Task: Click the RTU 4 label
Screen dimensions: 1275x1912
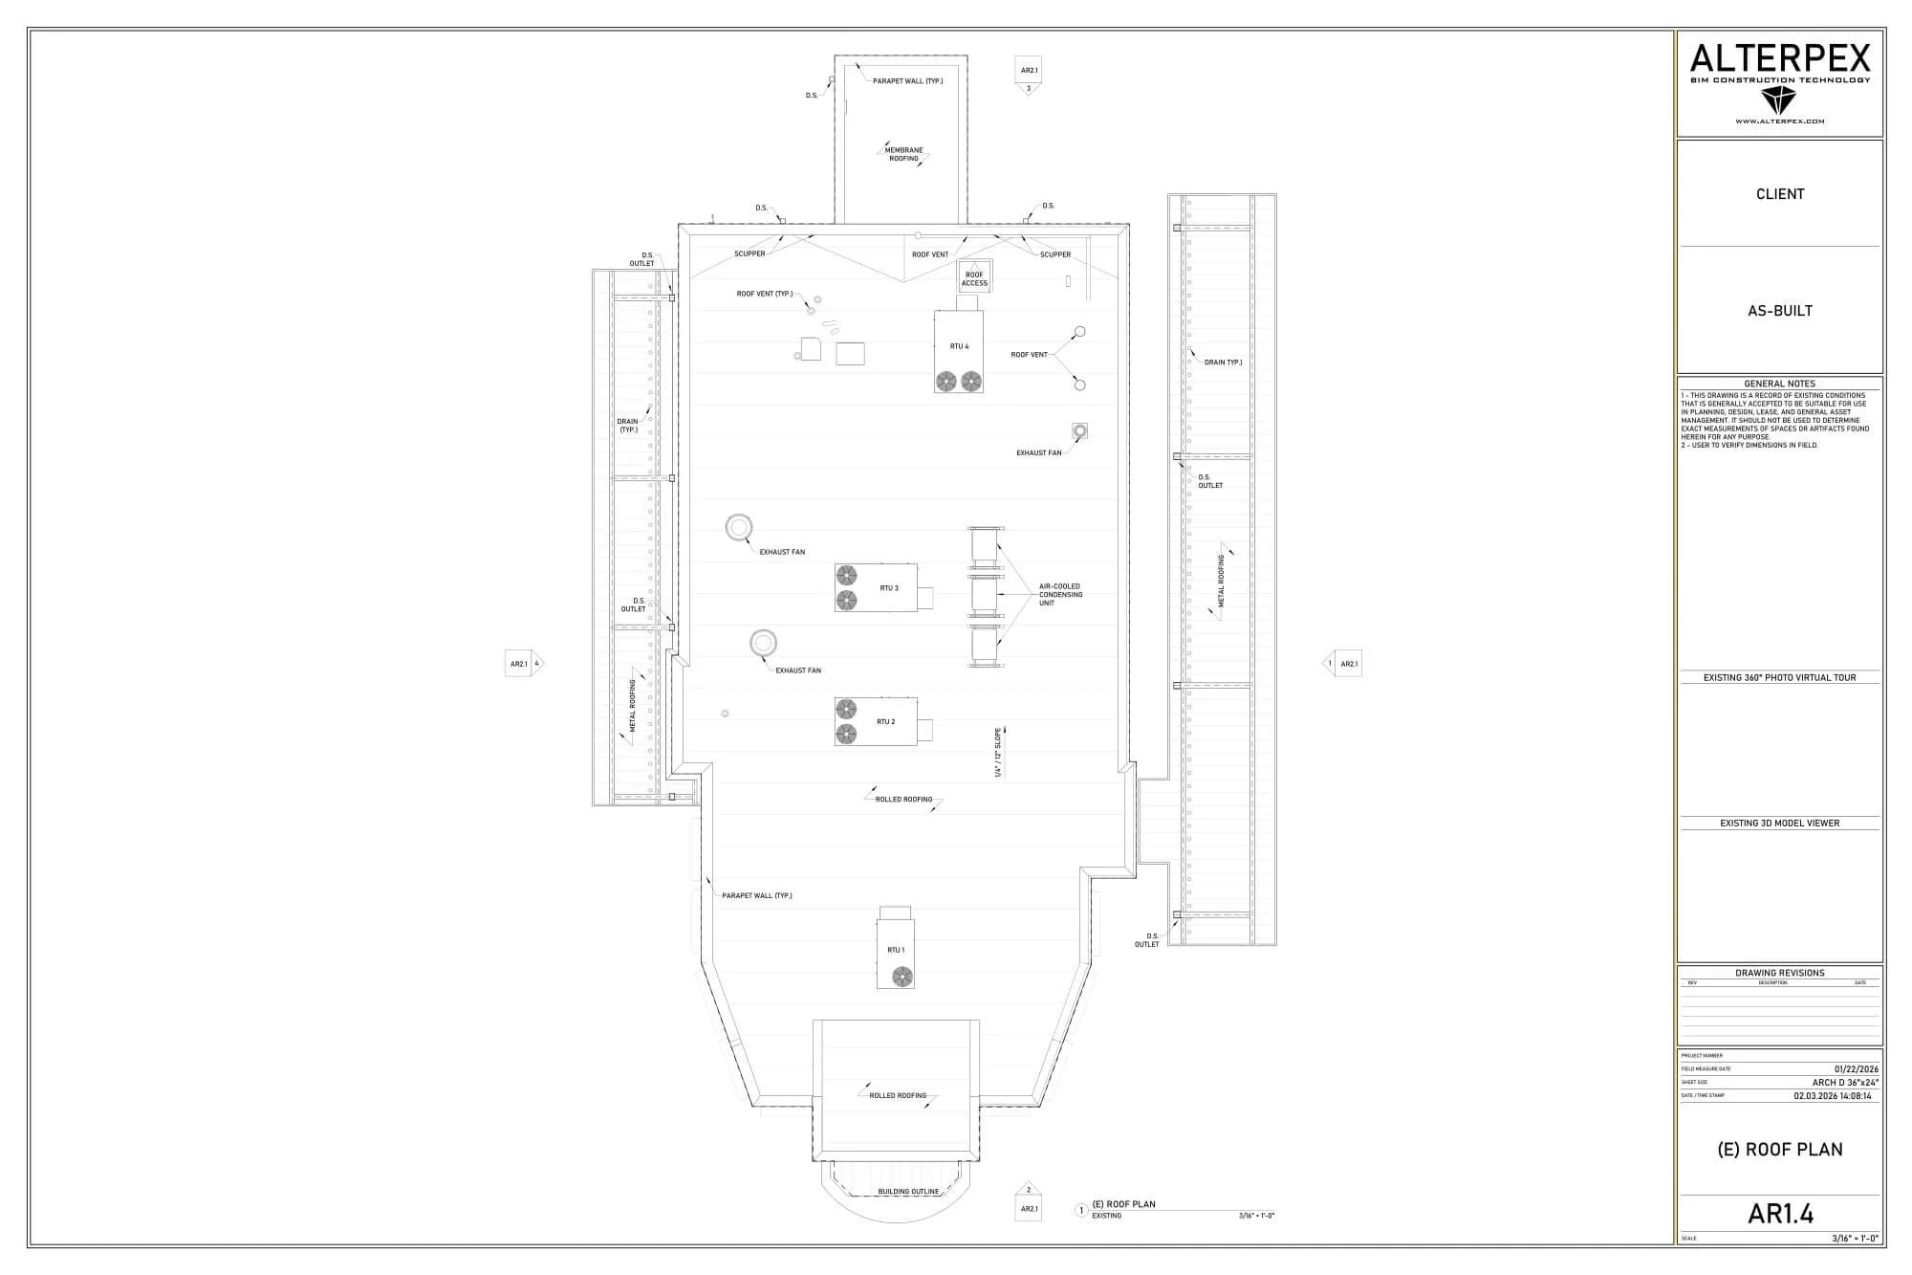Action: tap(959, 346)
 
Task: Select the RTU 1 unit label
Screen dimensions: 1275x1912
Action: tap(896, 950)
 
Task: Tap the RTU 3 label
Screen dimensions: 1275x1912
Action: tap(889, 588)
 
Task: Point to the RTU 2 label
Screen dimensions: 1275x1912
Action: tap(886, 722)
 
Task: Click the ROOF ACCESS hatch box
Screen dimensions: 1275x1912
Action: tap(974, 278)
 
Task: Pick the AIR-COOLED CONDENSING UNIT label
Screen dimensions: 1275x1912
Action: tap(1060, 595)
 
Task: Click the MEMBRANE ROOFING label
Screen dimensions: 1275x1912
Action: tap(903, 154)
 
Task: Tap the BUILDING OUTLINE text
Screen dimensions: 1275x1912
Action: tap(908, 1192)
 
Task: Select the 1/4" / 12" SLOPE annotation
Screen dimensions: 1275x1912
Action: tap(997, 753)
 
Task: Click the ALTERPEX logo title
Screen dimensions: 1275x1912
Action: tap(1780, 59)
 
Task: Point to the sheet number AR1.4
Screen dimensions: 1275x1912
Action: tap(1780, 1213)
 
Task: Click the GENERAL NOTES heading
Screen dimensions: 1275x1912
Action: tap(1780, 384)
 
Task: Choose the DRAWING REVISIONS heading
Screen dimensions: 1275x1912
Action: tap(1780, 973)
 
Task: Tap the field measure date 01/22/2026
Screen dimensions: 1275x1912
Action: tap(1856, 1069)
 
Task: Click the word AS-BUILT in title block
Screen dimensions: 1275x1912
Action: tap(1780, 311)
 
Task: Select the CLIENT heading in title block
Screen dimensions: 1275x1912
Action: tap(1780, 194)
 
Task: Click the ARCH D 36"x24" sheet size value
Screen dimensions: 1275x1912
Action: tap(1845, 1083)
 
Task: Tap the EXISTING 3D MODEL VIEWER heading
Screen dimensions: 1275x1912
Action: tap(1780, 823)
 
